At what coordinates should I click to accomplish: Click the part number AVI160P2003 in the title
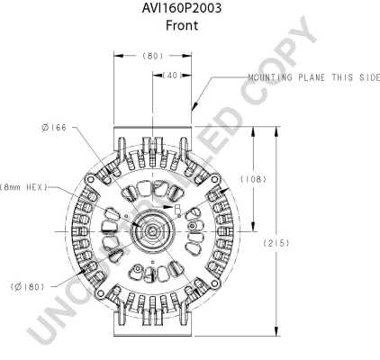pyautogui.click(x=182, y=8)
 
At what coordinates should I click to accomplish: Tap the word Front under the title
pyautogui.click(x=182, y=25)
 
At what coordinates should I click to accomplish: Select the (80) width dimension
pyautogui.click(x=153, y=56)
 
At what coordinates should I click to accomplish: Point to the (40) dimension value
pyautogui.click(x=172, y=75)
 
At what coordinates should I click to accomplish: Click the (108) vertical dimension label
pyautogui.click(x=253, y=179)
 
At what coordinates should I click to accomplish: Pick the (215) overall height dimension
pyautogui.click(x=276, y=243)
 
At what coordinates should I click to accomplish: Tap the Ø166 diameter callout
pyautogui.click(x=54, y=128)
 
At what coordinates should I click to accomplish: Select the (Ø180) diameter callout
pyautogui.click(x=27, y=287)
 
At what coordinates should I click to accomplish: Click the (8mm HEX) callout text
pyautogui.click(x=23, y=187)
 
